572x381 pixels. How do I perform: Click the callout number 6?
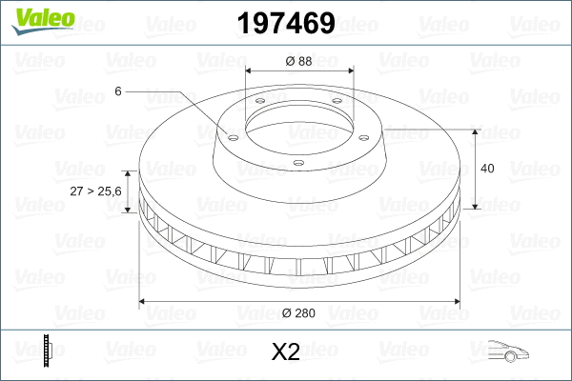click(117, 90)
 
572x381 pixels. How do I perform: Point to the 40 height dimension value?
click(487, 169)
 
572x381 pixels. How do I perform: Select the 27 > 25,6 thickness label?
click(96, 191)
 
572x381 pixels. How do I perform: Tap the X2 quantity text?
click(285, 352)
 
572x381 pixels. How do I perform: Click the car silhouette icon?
click(504, 351)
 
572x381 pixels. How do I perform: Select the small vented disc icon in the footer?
click(47, 351)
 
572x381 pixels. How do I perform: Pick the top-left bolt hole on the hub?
click(259, 104)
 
